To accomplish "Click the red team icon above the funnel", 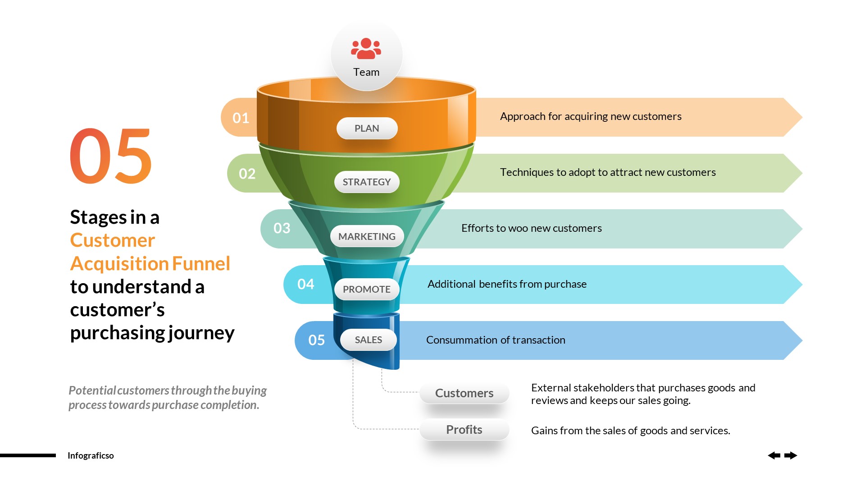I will click(x=366, y=49).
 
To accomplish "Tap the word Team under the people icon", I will click(x=366, y=72).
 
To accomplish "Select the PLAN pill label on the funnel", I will click(x=367, y=129).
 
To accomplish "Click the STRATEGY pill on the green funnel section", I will click(x=367, y=182).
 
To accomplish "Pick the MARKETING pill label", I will click(x=367, y=236).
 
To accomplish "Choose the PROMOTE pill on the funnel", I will click(x=367, y=289).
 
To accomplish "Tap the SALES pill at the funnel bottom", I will click(x=368, y=340).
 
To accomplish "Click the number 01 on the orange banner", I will click(x=241, y=118).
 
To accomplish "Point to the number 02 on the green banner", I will click(x=247, y=174).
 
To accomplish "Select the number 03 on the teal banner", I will click(x=282, y=228).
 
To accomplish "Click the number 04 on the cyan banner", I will click(x=306, y=284).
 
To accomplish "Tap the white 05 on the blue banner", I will click(x=317, y=340).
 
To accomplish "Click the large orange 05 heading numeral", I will click(x=111, y=157).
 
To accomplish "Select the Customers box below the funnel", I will click(x=464, y=393).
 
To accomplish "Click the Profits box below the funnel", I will click(x=464, y=430).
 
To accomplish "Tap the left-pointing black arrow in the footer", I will click(x=774, y=455).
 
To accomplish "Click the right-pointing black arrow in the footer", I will click(x=791, y=455).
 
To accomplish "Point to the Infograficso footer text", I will click(x=91, y=455).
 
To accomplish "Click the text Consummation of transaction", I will click(x=496, y=340).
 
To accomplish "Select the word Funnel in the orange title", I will click(x=201, y=264).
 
